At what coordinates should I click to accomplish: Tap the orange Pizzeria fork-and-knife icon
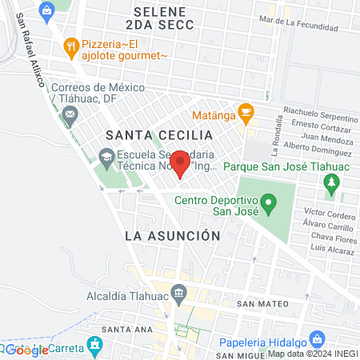pyautogui.click(x=72, y=46)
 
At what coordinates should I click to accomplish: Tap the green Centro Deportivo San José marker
pyautogui.click(x=270, y=206)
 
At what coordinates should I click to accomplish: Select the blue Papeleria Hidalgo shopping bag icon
pyautogui.click(x=317, y=338)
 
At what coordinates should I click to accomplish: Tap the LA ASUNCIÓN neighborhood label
pyautogui.click(x=172, y=236)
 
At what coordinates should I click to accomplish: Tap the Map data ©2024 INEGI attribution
pyautogui.click(x=312, y=354)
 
